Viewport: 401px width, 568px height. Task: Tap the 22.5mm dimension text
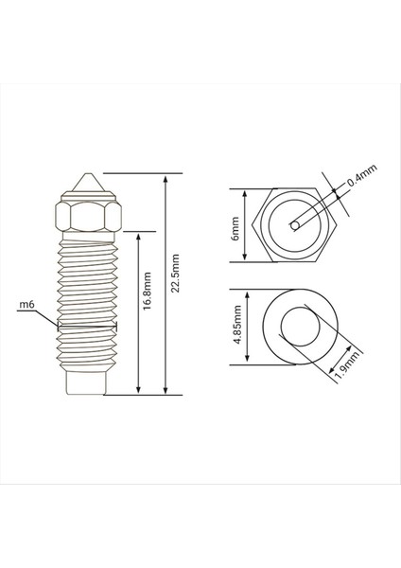176,275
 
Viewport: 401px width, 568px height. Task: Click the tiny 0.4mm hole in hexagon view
296,225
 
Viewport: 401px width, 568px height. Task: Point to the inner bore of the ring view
301,325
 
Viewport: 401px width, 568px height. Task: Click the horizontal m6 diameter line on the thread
86,324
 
